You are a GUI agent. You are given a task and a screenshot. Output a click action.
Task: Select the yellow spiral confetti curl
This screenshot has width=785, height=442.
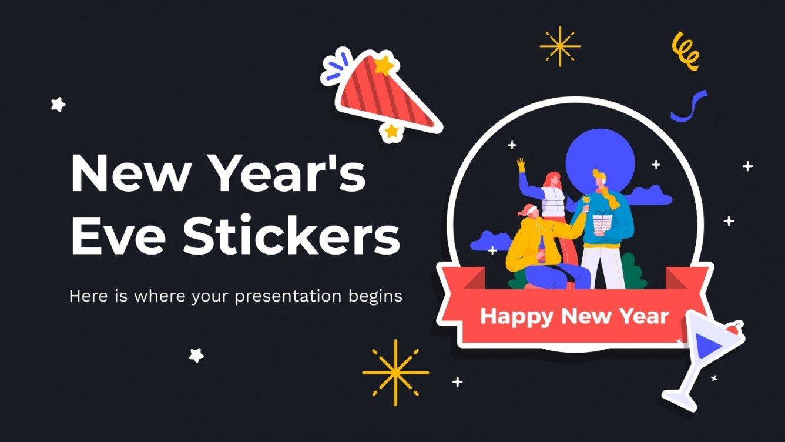[686, 51]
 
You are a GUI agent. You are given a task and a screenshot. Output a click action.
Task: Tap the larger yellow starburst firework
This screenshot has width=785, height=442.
[395, 372]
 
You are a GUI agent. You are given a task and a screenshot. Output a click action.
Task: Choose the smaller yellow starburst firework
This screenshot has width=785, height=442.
[559, 46]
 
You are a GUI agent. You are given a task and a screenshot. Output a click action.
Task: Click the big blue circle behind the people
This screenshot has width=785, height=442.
[601, 156]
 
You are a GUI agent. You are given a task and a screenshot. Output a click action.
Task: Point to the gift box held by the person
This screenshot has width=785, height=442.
[601, 223]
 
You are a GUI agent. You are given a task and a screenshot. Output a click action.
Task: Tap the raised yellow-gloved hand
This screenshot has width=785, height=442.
[520, 165]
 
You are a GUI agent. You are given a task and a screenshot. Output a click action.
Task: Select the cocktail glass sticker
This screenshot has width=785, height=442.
[705, 356]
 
